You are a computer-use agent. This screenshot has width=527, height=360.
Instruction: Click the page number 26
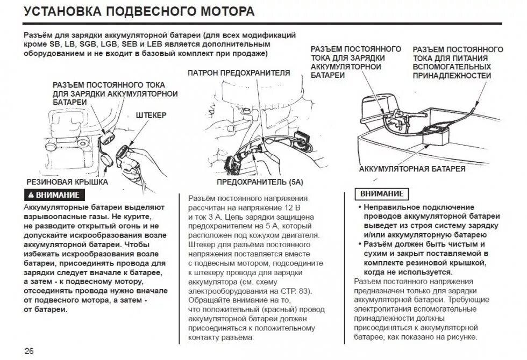29,351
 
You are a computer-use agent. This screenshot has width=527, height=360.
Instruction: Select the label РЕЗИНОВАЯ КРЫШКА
67,182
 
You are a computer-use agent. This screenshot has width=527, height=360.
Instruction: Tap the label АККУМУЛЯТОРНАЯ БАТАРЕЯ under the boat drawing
412,169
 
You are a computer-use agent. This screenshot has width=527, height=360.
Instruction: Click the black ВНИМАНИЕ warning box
55,195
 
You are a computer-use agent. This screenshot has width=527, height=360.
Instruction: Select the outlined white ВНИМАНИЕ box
382,193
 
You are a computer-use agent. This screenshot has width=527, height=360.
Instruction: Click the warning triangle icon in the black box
31,195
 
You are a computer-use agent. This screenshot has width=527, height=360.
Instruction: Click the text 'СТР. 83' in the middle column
297,291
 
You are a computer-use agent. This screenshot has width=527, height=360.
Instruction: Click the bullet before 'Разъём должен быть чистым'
359,244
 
